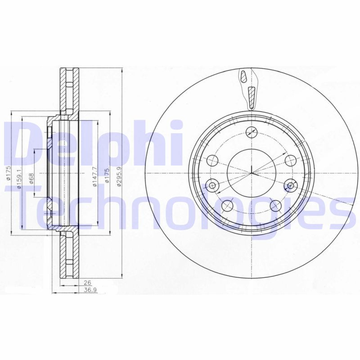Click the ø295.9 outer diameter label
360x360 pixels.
[x=118, y=174]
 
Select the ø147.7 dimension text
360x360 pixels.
[x=93, y=174]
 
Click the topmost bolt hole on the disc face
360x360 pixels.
[x=252, y=132]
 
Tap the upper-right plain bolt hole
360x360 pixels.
[x=291, y=160]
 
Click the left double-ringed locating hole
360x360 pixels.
[x=213, y=184]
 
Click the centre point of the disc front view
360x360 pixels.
[x=252, y=173]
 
